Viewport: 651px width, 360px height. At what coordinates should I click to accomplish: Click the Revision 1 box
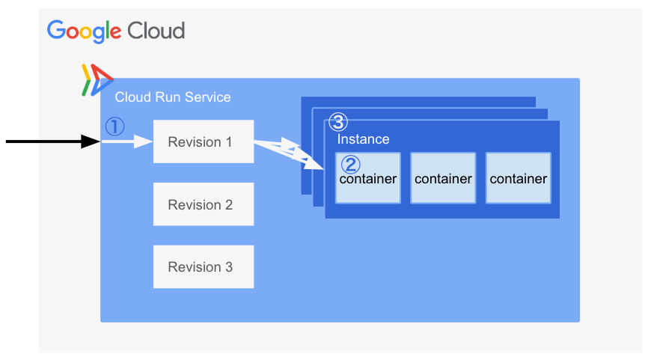(203, 141)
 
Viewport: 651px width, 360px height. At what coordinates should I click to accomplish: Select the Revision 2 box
(203, 204)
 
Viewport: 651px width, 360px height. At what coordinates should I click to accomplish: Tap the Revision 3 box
(203, 266)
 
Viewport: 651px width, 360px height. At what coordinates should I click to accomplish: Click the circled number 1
(114, 126)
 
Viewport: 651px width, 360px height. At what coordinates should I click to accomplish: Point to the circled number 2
(350, 164)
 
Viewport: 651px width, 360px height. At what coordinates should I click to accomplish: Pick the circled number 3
(338, 122)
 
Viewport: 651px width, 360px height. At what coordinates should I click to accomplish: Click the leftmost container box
(367, 178)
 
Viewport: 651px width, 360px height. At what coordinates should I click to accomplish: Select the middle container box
(443, 178)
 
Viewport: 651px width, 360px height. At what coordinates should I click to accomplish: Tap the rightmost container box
(518, 178)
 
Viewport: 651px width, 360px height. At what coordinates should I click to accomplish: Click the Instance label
(363, 139)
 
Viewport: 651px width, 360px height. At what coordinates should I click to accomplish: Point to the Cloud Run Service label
(173, 97)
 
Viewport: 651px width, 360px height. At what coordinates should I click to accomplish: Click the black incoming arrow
(52, 141)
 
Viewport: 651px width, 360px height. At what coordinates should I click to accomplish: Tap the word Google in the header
(84, 31)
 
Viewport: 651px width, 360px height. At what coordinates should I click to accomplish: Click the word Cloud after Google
(156, 31)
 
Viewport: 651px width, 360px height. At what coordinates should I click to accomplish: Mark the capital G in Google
(57, 30)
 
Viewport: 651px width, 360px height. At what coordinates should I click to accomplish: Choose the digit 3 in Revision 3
(228, 266)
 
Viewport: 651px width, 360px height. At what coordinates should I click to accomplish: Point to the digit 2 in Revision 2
(228, 204)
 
